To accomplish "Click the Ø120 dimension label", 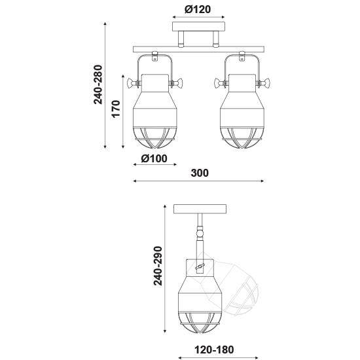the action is tap(198, 9).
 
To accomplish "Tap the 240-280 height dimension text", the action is tap(98, 84).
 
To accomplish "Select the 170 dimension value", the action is tap(116, 109).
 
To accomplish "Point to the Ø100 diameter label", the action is tap(154, 158).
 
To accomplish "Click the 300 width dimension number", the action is tap(200, 173).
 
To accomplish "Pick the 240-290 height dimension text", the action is tap(158, 266).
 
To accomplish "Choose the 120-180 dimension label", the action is tap(214, 350).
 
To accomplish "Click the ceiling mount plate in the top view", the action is tap(198, 27).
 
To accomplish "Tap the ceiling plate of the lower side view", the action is tap(200, 209).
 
